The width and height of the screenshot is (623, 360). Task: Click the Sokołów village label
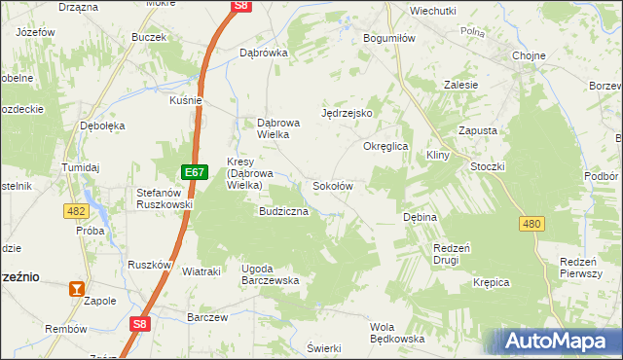332,185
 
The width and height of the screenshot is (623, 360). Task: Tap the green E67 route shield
195,172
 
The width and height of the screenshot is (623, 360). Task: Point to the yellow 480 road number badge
531,224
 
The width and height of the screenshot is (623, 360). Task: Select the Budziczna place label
283,210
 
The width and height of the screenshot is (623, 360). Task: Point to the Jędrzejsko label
348,113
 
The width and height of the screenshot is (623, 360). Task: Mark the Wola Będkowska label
398,333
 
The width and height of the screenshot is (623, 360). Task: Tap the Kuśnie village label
186,99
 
